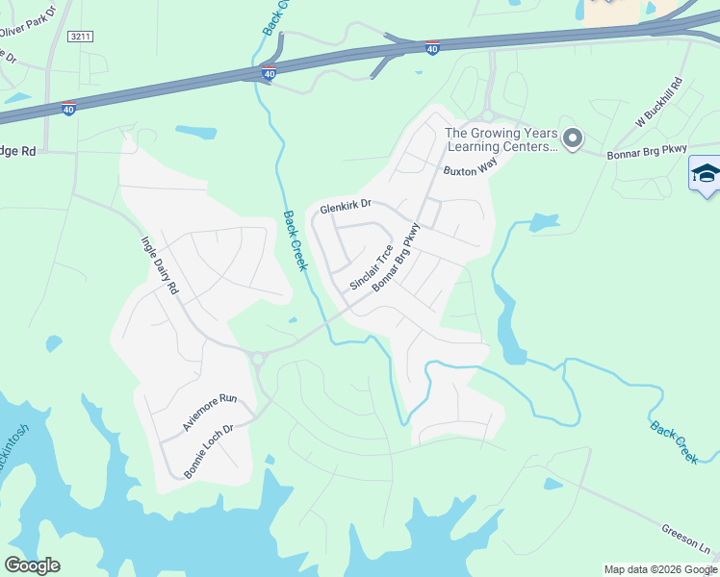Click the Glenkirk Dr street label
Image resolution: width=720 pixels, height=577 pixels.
[x=346, y=207]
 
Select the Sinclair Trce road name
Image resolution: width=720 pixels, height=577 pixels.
[x=371, y=268]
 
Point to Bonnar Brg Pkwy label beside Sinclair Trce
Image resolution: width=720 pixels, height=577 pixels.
[x=397, y=258]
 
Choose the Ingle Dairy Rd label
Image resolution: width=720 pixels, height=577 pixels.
[x=160, y=266]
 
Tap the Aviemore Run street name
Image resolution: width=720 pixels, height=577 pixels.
[x=209, y=412]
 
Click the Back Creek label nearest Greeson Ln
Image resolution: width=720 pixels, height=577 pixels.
[x=674, y=442]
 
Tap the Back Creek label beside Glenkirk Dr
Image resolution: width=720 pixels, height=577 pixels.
[x=296, y=240]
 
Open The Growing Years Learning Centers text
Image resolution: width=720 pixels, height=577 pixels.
[x=501, y=140]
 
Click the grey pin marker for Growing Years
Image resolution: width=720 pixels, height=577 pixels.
[x=573, y=139]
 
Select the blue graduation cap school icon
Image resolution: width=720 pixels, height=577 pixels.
[x=706, y=174]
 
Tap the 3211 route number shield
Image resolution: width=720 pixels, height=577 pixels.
[x=81, y=37]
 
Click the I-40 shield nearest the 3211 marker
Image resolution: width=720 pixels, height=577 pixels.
[x=67, y=109]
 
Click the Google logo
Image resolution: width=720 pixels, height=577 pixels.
[x=32, y=565]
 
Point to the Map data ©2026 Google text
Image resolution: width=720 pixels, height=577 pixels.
[x=659, y=569]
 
